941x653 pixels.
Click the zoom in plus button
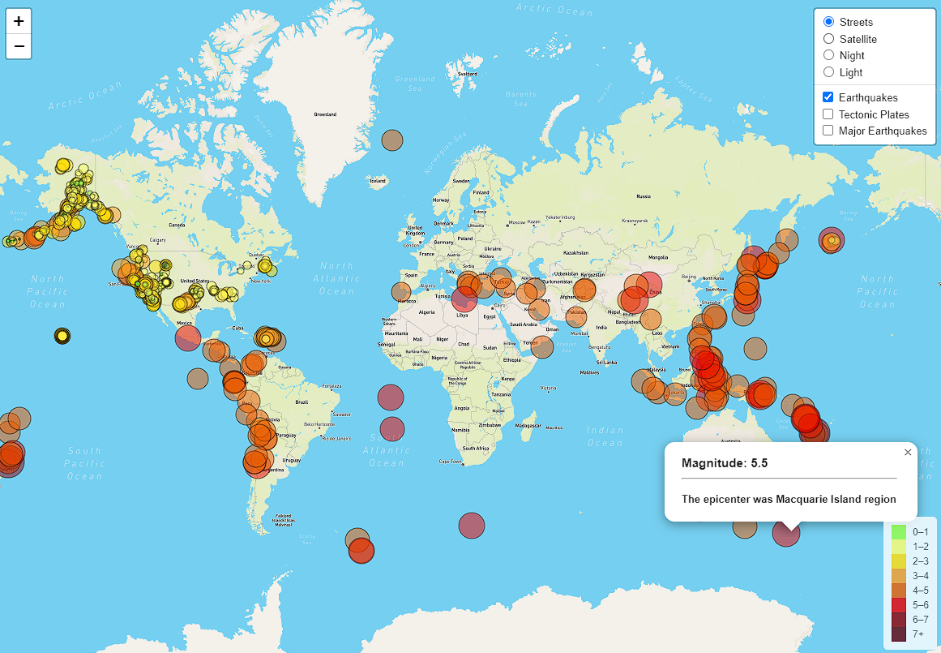[19, 21]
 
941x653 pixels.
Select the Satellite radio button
[828, 39]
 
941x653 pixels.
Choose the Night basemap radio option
[828, 55]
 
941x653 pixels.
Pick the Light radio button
[828, 72]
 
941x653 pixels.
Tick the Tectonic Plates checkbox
[828, 114]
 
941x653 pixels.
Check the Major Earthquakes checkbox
[828, 131]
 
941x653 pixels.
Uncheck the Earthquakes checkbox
[828, 97]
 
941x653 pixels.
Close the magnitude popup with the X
[908, 453]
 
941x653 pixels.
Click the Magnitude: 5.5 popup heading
[725, 463]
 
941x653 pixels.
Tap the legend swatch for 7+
[898, 634]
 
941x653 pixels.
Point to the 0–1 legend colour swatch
[898, 532]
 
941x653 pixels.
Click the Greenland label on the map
[325, 114]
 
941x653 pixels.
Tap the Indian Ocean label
[605, 436]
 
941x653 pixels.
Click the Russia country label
[644, 196]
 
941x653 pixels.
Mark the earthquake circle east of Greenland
[392, 140]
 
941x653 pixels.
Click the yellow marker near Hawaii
[62, 335]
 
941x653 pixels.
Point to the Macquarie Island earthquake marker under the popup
[785, 533]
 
